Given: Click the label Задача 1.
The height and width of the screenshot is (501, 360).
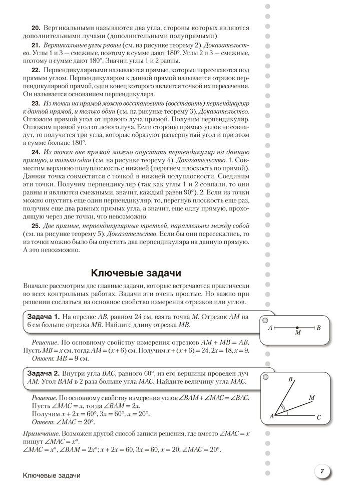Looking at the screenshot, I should pyautogui.click(x=43, y=316).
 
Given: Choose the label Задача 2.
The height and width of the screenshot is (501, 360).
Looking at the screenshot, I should pyautogui.click(x=43, y=373).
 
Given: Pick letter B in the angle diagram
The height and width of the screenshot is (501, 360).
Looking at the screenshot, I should pyautogui.click(x=290, y=380).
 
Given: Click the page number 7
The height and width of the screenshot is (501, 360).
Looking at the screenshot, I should pyautogui.click(x=322, y=471).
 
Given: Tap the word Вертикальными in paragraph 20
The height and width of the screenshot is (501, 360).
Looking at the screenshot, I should pyautogui.click(x=68, y=28).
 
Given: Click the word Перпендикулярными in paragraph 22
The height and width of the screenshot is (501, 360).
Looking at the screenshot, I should pyautogui.click(x=75, y=70).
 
